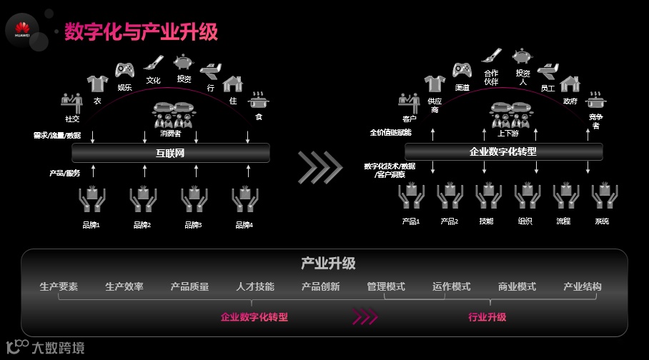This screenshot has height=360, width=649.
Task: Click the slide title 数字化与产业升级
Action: click(x=141, y=32)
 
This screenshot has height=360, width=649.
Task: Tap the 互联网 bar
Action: click(x=171, y=153)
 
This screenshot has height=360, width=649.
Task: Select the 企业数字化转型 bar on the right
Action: click(x=502, y=151)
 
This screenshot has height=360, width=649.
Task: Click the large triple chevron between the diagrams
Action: click(x=320, y=166)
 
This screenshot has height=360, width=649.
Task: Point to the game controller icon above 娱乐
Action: click(x=125, y=70)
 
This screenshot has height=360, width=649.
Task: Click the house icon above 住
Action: click(x=233, y=84)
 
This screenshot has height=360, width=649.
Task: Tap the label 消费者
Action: click(x=171, y=133)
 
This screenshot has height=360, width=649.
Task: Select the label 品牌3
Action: click(x=193, y=225)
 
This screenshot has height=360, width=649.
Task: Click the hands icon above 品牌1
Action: click(x=91, y=200)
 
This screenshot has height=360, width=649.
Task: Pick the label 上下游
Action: click(x=508, y=133)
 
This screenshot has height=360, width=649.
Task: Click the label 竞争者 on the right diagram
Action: click(x=595, y=121)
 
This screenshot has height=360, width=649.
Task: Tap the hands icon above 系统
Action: click(x=603, y=198)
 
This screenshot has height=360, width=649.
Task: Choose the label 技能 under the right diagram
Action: click(x=486, y=221)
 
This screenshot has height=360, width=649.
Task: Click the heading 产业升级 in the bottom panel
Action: click(x=328, y=264)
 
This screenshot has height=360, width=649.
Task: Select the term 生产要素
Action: click(x=59, y=287)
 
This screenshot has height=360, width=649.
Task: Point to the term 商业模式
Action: click(x=517, y=287)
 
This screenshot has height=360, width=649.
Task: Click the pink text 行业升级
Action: click(x=487, y=317)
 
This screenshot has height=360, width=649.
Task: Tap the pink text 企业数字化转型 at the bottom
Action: click(x=254, y=317)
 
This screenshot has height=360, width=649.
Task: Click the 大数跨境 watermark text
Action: click(x=57, y=349)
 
